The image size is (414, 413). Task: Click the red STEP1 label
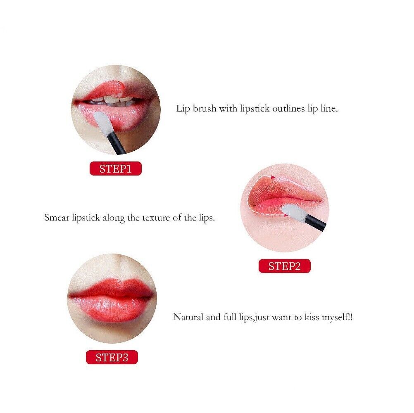pos(116,169)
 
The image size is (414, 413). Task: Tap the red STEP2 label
pos(284,266)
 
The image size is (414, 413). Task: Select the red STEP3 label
pos(112,357)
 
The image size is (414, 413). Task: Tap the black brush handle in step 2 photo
pos(315,223)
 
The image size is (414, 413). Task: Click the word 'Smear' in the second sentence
pos(57,218)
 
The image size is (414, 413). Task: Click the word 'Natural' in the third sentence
pos(188,317)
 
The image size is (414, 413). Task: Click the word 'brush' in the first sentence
pos(205,109)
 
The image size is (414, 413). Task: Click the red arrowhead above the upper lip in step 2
pos(273,177)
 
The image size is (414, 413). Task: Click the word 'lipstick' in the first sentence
pos(255,109)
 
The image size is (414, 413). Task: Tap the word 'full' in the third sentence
pos(230,317)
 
